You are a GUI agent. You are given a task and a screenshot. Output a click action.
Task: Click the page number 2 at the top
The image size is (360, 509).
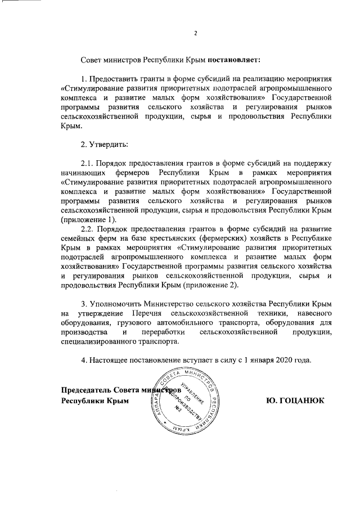pyautogui.click(x=195, y=32)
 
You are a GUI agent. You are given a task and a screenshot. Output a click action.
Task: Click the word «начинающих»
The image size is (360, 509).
pyautogui.click(x=83, y=172)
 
